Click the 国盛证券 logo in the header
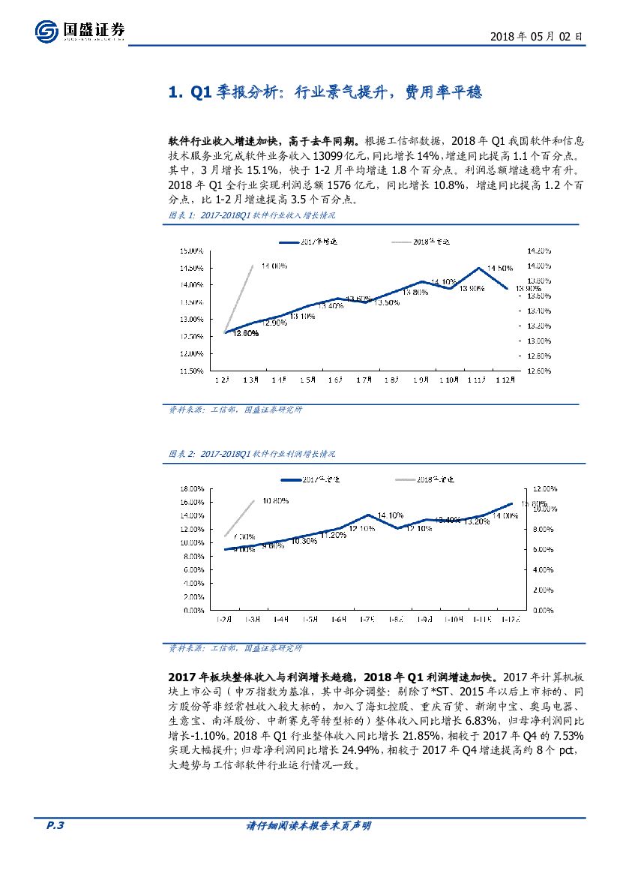[x=79, y=31]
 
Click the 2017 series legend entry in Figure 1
[x=308, y=242]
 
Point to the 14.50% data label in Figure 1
[x=500, y=268]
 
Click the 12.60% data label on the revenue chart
[x=245, y=333]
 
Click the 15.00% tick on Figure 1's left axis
[x=192, y=251]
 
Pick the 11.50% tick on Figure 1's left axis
[x=192, y=371]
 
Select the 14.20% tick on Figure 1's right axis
[x=539, y=251]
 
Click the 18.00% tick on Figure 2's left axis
[x=192, y=488]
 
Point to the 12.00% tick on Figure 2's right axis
[x=543, y=488]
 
